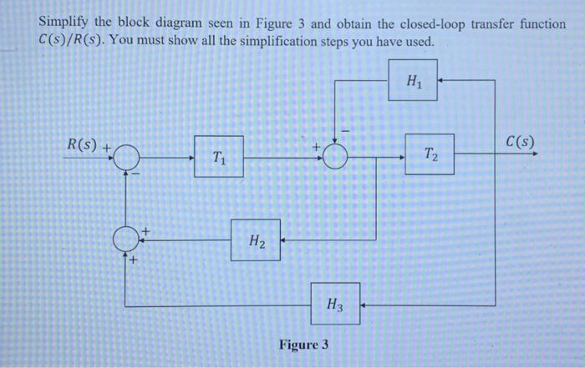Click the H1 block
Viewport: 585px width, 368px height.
(x=413, y=82)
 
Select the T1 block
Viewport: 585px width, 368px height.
(x=219, y=156)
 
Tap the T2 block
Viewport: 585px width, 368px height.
(x=430, y=154)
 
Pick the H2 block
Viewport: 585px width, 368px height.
(x=256, y=240)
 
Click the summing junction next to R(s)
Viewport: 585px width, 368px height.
(x=125, y=156)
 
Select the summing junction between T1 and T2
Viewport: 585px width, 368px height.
(x=334, y=156)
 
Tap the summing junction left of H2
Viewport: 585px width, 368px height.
(x=125, y=240)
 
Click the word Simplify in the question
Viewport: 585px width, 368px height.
(x=69, y=25)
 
